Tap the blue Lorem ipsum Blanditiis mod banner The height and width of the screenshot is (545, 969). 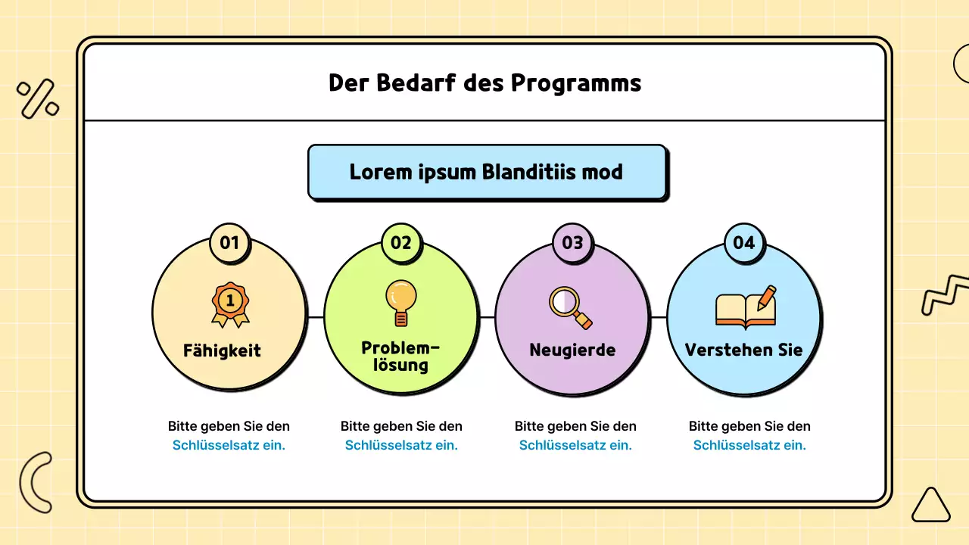[x=487, y=172]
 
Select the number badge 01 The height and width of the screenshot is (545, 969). [x=229, y=243]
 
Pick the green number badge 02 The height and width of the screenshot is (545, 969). [x=401, y=243]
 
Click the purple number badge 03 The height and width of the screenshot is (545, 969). [x=573, y=243]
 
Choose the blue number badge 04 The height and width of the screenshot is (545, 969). [x=744, y=243]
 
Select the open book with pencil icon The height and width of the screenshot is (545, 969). [x=746, y=307]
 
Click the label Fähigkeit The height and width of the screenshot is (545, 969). [x=222, y=351]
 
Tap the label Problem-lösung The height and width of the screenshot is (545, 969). [x=400, y=357]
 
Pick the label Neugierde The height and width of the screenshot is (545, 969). [x=572, y=350]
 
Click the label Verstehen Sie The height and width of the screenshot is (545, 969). [x=743, y=350]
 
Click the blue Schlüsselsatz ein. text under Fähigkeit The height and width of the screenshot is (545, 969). [x=229, y=445]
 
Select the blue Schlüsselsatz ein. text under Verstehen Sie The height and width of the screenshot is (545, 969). [x=749, y=445]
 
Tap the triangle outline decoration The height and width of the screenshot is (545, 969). [x=930, y=506]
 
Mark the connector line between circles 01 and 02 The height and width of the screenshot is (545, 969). [x=316, y=317]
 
